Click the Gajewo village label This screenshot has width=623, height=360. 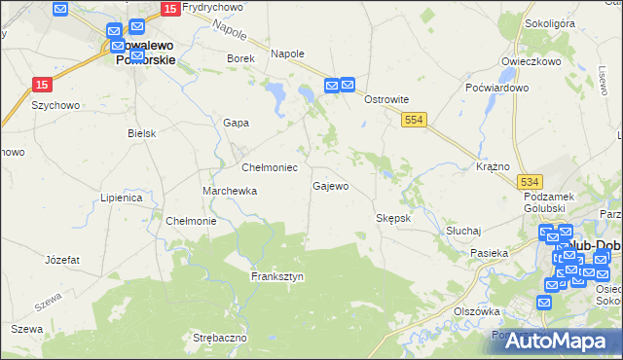click(x=330, y=186)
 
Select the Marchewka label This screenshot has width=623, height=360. click(x=230, y=191)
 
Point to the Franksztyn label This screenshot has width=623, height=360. click(x=277, y=276)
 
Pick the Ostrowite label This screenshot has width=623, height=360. click(x=385, y=99)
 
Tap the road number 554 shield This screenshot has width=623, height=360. click(x=415, y=118)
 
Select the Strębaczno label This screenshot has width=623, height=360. click(x=220, y=338)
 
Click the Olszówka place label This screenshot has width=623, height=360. click(x=477, y=311)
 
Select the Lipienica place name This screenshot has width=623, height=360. click(x=122, y=198)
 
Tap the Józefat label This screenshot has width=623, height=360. click(x=62, y=260)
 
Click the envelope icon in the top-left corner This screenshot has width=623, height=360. click(x=60, y=10)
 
